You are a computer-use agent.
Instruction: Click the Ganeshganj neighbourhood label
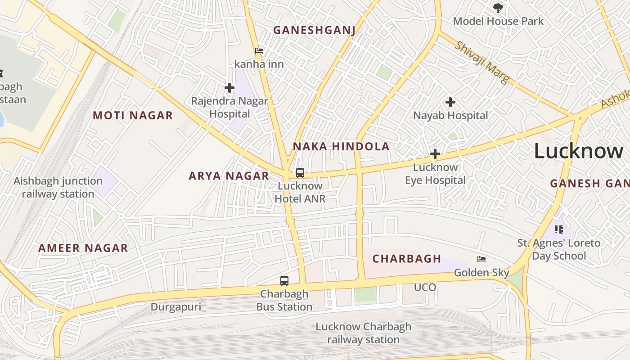point(314,30)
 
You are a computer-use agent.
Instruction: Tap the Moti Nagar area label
point(133,116)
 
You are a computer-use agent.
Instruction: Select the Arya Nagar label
point(229,176)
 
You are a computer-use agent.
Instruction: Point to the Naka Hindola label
point(341,146)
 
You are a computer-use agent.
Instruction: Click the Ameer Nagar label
point(83,248)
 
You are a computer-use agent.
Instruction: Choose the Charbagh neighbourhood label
point(407,259)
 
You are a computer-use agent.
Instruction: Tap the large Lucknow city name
point(578,151)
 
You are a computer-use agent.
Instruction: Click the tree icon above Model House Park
point(498,8)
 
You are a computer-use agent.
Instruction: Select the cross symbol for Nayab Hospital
point(450,102)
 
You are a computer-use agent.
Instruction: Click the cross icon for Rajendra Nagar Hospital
point(229,87)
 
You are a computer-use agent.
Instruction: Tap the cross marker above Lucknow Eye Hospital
point(435,154)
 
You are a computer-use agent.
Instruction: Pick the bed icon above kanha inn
point(259,50)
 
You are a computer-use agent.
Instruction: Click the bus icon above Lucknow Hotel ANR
point(300,172)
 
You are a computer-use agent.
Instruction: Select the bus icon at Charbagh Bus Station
point(284,281)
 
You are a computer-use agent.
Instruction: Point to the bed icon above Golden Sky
point(481,259)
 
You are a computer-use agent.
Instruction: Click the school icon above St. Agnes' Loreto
point(559,229)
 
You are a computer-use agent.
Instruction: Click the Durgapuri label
point(175,307)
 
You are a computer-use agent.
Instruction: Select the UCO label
point(425,287)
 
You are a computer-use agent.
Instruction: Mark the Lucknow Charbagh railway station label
point(363,333)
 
